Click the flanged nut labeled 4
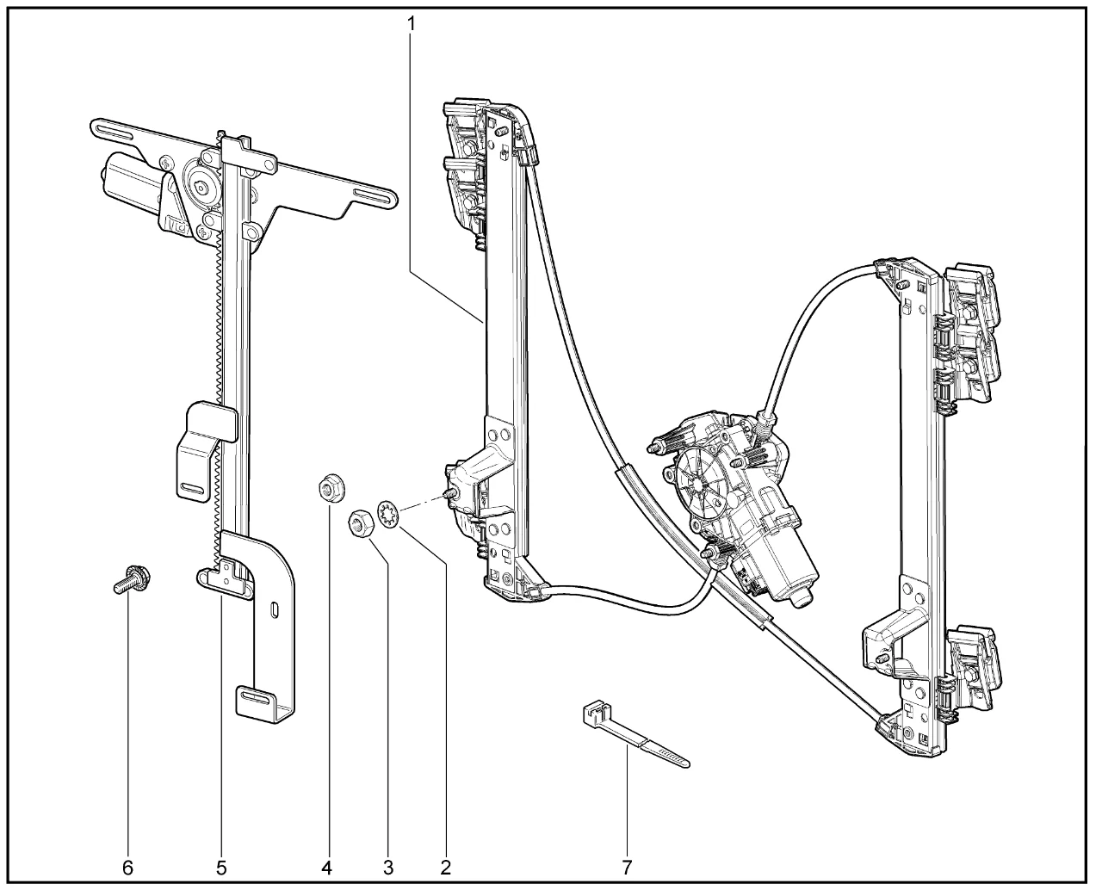327,490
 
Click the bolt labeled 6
130,579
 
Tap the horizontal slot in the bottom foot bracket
254,693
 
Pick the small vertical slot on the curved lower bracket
273,610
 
